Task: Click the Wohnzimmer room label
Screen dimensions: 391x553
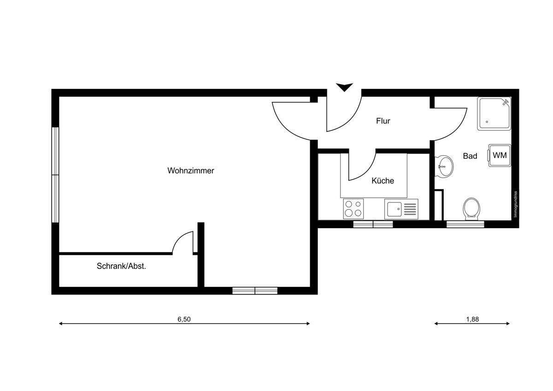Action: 191,171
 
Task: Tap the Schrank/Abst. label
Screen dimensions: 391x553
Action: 121,266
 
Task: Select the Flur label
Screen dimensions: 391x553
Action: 383,121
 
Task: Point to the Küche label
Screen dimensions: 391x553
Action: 383,181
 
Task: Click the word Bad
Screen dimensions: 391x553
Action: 470,156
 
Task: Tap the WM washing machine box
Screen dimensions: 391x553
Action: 500,155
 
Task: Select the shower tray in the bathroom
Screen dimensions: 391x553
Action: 494,113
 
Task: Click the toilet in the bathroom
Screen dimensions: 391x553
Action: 471,208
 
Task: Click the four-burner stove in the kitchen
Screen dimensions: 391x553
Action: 353,208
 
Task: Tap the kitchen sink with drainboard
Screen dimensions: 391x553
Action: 401,209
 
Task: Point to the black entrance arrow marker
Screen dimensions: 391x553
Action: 344,87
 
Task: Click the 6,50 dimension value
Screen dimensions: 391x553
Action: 183,319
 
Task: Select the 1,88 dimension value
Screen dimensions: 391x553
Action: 472,319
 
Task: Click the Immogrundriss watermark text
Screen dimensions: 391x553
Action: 516,204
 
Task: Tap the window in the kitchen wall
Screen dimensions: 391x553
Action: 373,225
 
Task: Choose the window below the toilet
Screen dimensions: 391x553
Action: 465,225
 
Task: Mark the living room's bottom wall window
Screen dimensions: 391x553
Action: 255,290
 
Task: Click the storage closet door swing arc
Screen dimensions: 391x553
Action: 183,242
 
